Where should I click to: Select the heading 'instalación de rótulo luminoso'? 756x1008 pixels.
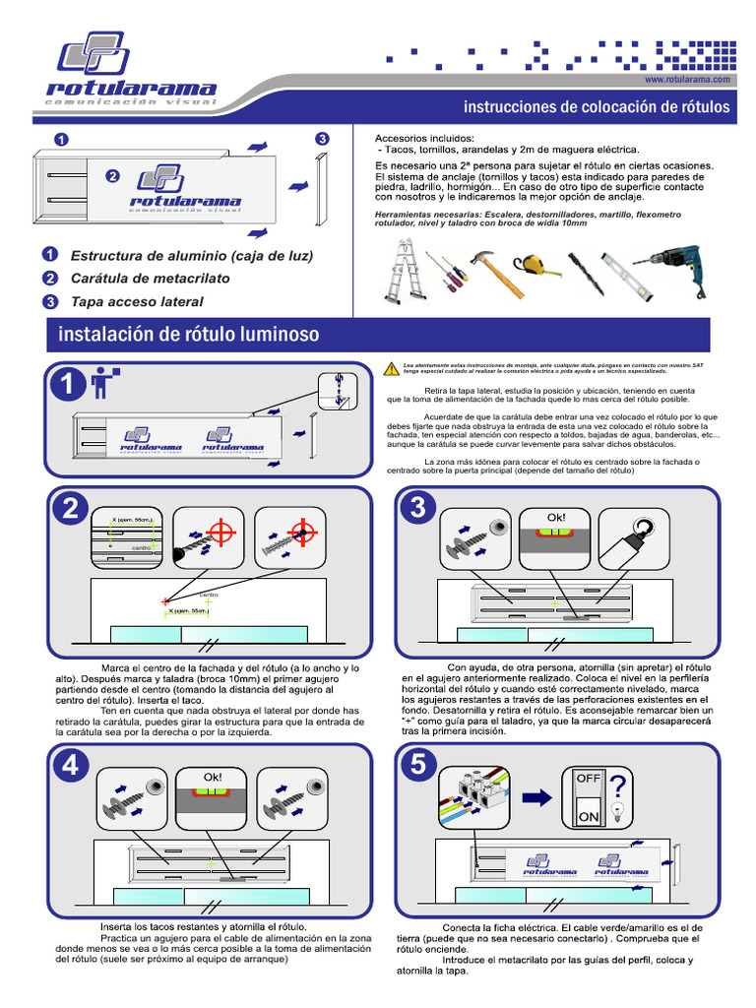[x=189, y=335]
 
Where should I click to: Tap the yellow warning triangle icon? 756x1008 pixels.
[x=391, y=368]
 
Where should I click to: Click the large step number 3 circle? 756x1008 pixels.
[x=417, y=509]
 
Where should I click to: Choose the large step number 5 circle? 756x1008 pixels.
[x=417, y=764]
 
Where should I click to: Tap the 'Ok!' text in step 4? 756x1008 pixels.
[x=213, y=777]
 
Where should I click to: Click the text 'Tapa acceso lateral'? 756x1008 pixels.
[x=137, y=301]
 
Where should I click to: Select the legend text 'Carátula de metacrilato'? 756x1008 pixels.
[x=150, y=279]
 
